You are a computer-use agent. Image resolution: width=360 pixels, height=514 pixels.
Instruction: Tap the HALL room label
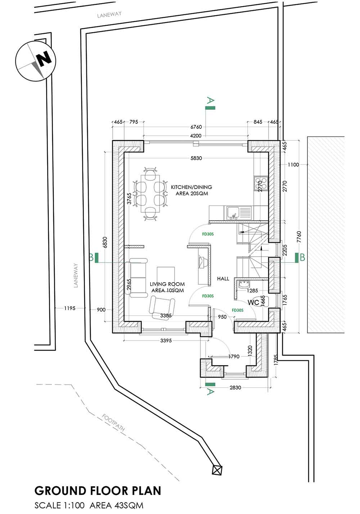tap(223, 279)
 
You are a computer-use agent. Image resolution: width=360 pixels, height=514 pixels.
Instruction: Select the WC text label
tap(253, 303)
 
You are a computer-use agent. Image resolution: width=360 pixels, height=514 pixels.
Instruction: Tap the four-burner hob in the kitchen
tap(261, 183)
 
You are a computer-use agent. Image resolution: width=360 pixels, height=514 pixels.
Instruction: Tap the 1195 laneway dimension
tap(69, 308)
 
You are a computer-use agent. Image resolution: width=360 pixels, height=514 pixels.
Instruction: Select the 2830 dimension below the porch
tap(235, 388)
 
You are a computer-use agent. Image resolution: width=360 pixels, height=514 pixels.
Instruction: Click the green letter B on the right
tap(302, 257)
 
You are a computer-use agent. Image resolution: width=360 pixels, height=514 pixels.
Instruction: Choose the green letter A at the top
tap(210, 100)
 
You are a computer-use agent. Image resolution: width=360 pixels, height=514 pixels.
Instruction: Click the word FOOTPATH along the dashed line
tap(113, 423)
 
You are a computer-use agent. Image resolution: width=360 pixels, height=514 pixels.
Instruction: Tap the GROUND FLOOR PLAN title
tap(98, 491)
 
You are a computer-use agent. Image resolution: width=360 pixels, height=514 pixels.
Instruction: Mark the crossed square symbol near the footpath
tap(217, 470)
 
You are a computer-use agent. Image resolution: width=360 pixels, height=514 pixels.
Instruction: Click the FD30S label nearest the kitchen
tap(208, 234)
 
